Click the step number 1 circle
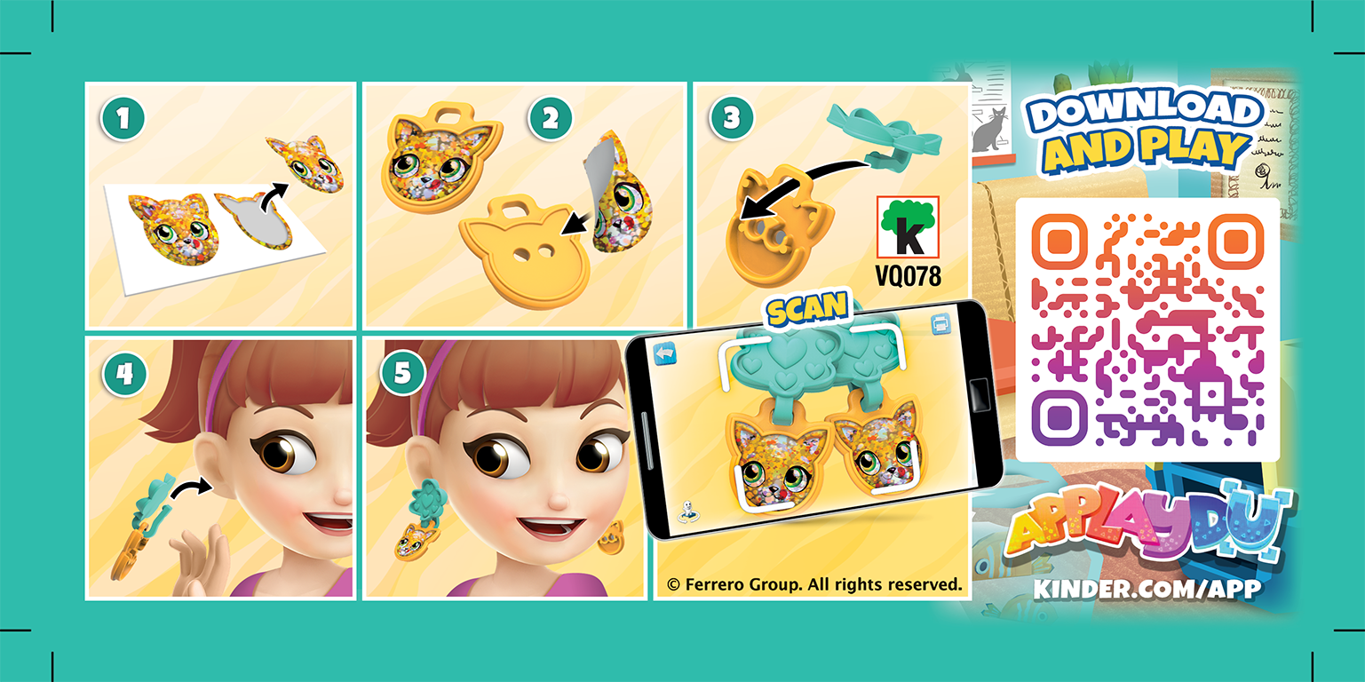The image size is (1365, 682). click(x=123, y=118)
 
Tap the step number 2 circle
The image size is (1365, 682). click(x=552, y=118)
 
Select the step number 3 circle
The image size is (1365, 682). click(x=732, y=118)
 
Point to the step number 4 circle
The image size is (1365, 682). click(x=123, y=374)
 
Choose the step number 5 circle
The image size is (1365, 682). click(x=402, y=374)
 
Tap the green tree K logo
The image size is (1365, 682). click(x=908, y=228)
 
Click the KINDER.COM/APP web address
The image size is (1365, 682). click(x=1147, y=588)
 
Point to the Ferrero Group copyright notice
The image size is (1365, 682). click(x=814, y=584)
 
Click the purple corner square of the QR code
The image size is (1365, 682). click(x=1059, y=416)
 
